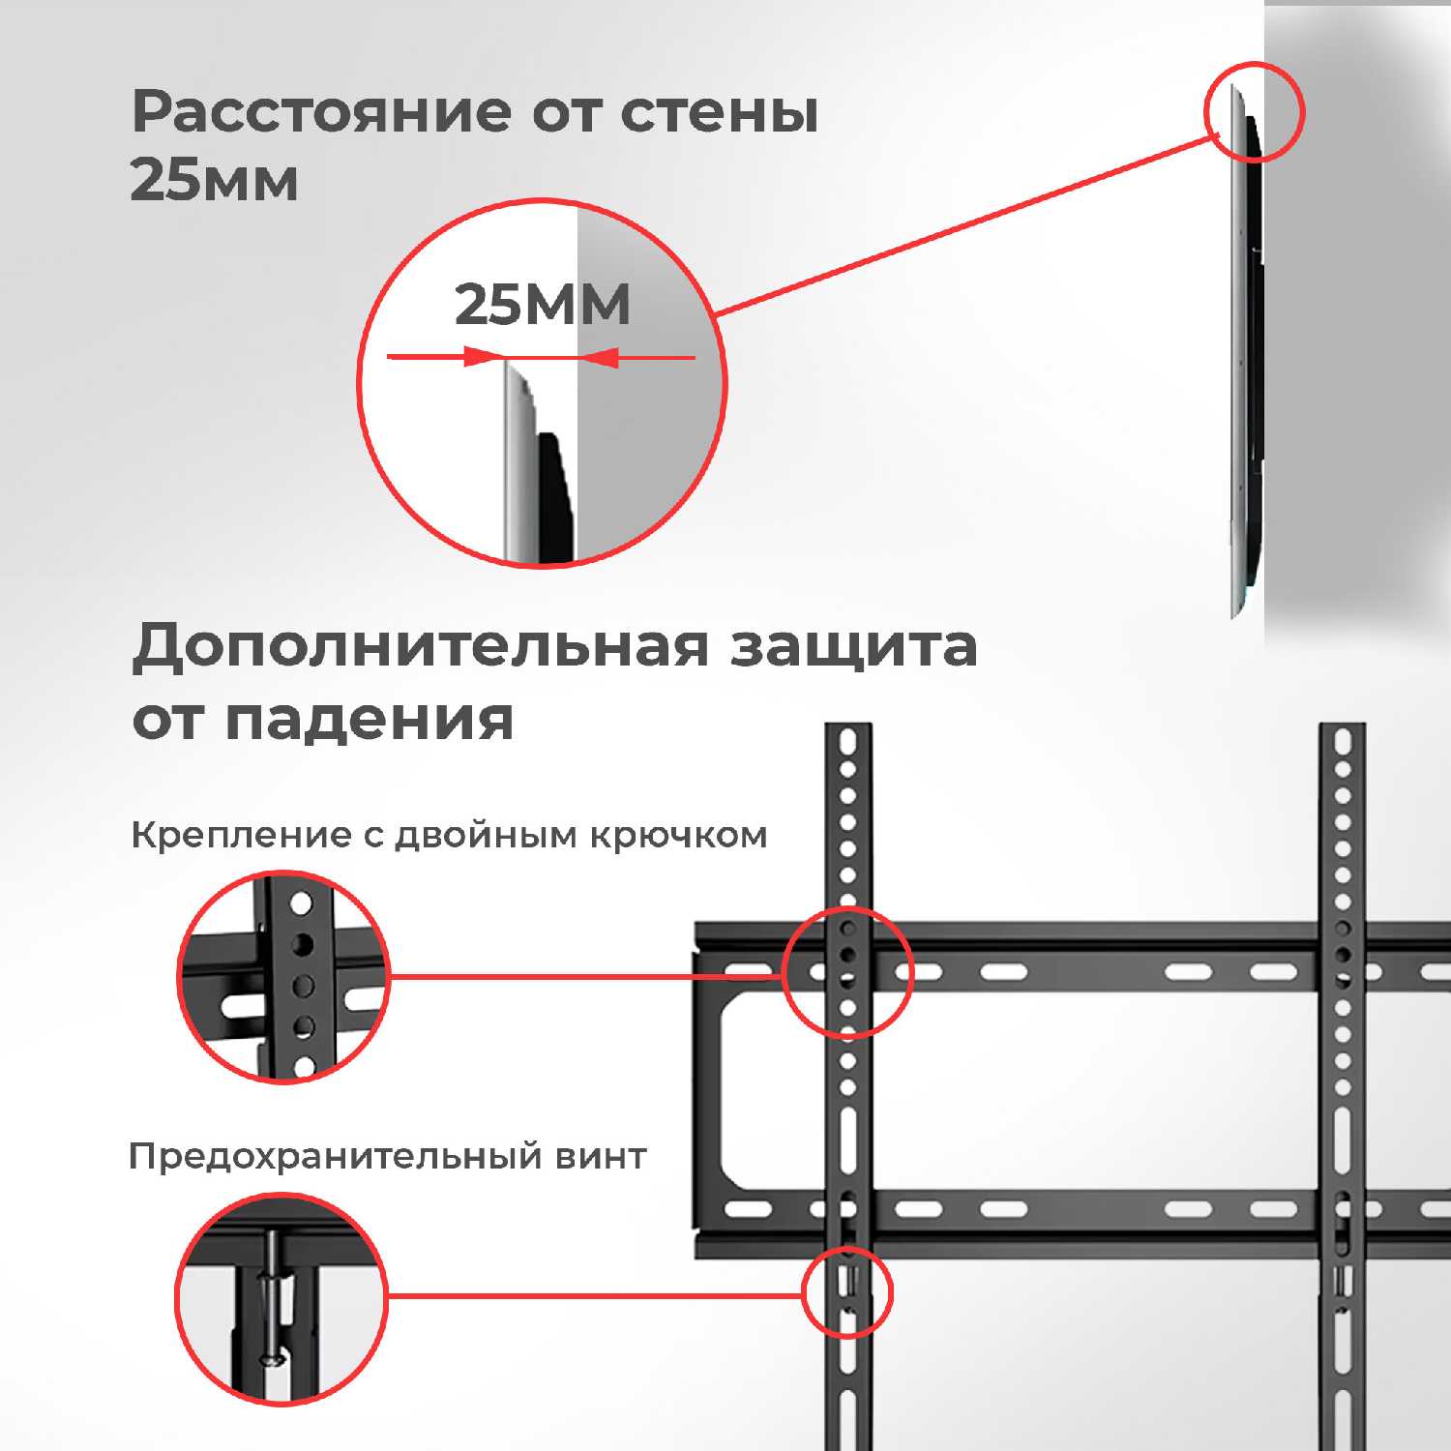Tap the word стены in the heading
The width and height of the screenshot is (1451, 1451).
click(719, 113)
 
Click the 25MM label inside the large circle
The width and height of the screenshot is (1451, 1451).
click(542, 305)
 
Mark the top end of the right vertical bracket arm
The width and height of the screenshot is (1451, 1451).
click(1343, 725)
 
